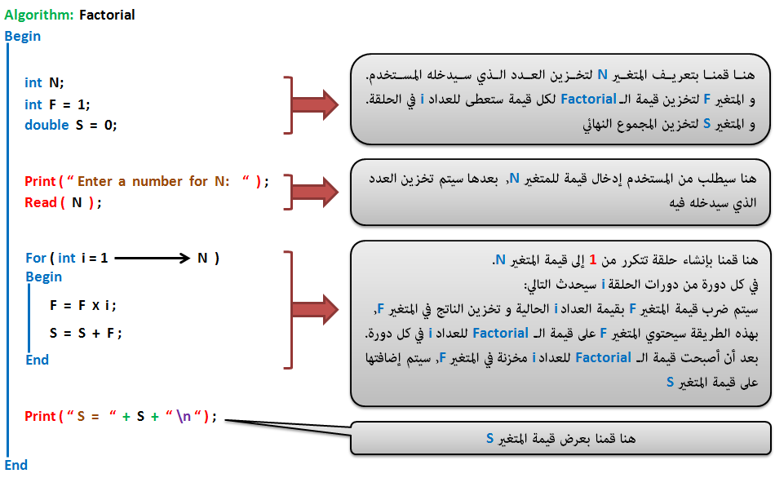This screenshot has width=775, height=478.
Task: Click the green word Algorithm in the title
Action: pos(38,15)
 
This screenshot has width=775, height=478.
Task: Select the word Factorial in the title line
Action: pos(107,15)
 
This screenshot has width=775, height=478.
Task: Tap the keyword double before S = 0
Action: pos(46,125)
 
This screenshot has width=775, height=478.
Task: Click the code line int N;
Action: pos(44,82)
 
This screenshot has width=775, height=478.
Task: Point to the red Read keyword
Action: pos(41,202)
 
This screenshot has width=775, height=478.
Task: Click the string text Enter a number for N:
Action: pos(153,181)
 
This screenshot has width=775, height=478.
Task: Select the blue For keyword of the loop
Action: pos(36,258)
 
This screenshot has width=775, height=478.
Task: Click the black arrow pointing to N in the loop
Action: pos(153,258)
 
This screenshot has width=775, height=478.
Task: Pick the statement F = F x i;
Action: pos(83,306)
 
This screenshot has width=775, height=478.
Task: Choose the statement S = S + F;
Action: pos(86,333)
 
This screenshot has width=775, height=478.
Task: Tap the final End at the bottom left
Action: pos(15,465)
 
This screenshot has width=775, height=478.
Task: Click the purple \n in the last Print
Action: pos(184,416)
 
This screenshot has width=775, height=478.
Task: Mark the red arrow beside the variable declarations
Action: pos(315,104)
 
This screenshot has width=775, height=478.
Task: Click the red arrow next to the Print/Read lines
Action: pos(315,192)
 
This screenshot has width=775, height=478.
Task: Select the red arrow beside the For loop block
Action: pos(315,309)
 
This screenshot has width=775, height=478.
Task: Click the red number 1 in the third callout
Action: pos(593,259)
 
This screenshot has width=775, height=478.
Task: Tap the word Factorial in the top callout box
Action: pos(588,99)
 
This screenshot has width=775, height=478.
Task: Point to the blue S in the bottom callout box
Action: pos(489,438)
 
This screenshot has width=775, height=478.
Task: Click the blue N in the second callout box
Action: pos(515,178)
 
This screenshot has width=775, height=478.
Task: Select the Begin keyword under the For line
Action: pos(44,277)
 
